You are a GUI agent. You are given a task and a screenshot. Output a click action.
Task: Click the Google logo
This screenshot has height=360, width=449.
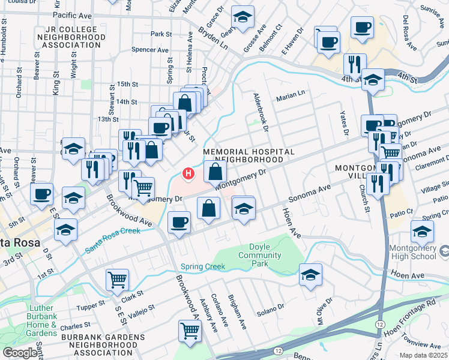[20, 353]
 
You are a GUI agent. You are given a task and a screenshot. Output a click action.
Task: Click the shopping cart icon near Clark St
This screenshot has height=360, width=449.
[118, 279]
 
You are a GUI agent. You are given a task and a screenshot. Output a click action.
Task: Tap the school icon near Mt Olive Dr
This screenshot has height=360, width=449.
[310, 275]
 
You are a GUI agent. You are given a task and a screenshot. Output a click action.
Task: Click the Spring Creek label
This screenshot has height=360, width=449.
[203, 266]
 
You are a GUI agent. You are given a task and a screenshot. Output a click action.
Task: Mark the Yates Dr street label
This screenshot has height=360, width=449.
[345, 121]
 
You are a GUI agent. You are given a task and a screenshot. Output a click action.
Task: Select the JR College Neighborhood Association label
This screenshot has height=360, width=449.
[66, 37]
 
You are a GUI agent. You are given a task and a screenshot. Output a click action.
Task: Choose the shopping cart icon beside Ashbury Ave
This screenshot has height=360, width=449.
[190, 329]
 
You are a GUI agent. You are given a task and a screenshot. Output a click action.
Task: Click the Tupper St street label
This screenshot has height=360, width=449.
[91, 307]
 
